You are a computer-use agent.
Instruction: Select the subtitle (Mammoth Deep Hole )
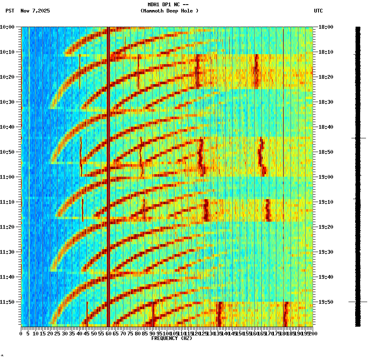[169, 11]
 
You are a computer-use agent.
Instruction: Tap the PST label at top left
[10, 11]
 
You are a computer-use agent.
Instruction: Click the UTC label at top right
[318, 11]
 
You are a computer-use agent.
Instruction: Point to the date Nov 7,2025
[35, 11]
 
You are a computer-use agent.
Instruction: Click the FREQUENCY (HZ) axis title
[171, 338]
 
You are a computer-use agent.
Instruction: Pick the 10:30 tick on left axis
[7, 102]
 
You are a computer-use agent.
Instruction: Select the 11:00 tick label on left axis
[7, 177]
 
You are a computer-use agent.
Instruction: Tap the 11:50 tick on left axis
[7, 302]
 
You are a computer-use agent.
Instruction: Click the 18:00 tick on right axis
[326, 27]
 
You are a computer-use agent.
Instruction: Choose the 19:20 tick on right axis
[326, 227]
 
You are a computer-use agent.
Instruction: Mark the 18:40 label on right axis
[326, 127]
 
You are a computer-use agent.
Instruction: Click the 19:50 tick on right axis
[326, 302]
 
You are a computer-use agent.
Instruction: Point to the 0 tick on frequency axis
[21, 334]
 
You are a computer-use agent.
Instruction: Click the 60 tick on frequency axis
[108, 334]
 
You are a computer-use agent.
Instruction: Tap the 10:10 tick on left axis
[7, 52]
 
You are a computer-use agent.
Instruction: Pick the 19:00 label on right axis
[326, 177]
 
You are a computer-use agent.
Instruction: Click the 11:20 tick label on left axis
[7, 227]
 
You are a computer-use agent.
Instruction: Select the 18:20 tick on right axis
[326, 77]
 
